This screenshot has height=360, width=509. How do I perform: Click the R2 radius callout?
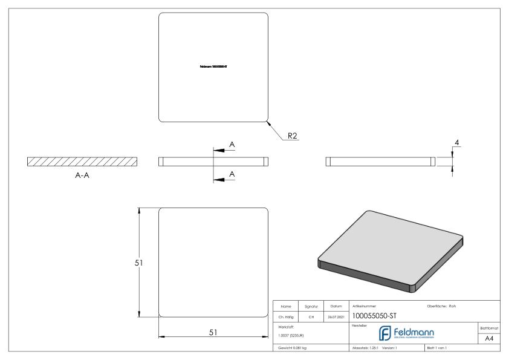point(292,136)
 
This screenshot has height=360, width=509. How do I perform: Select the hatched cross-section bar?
point(82,162)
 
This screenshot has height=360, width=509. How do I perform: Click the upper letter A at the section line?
point(232,145)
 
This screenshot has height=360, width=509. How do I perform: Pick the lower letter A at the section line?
point(232,174)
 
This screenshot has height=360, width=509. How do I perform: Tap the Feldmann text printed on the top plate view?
point(213,68)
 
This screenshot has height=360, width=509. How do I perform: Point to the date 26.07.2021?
point(336,315)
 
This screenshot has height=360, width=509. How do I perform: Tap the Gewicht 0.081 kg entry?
point(293,349)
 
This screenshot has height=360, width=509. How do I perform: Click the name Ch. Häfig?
point(286,315)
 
